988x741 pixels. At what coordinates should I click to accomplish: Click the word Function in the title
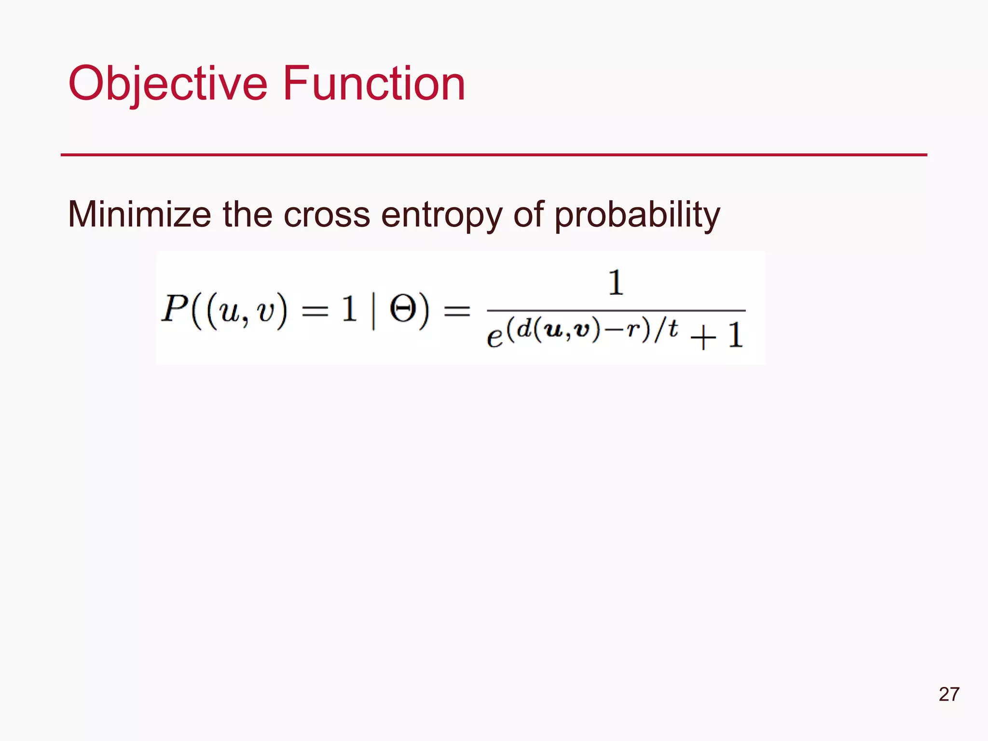coord(374,84)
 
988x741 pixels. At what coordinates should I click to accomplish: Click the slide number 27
coord(949,694)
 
